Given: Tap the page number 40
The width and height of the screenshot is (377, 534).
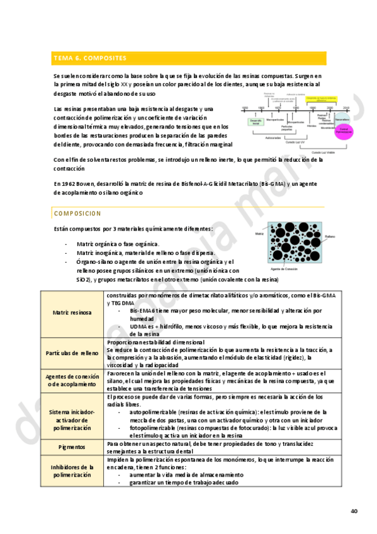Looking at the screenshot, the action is coord(354,511).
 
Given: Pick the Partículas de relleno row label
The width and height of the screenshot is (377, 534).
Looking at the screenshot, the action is coord(72,354).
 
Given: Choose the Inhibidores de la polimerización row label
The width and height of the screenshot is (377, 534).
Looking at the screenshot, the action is coord(72,470).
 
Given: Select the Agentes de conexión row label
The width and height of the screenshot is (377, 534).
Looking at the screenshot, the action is coord(72,380).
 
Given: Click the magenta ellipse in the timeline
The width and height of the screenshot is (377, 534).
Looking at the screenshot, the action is coord(343,131).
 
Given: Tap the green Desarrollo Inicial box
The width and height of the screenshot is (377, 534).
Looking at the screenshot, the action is coord(255,122).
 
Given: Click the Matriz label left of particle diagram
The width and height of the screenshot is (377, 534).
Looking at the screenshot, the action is coord(259,234).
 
